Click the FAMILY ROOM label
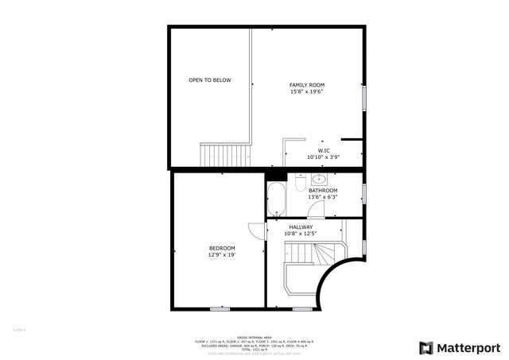pos(307,85)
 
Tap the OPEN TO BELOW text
pos(210,80)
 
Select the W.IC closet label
pos(324,150)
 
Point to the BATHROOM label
pos(323,191)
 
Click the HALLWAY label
pos(301,227)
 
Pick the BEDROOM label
pos(223,249)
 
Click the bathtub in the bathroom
pos(276,199)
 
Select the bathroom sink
pos(318,178)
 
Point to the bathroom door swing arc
pos(316,208)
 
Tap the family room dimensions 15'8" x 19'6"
pos(307,92)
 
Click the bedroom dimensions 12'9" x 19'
pos(223,256)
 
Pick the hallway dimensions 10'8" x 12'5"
pos(301,234)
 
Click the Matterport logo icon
pos(426,347)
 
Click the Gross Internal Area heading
pos(254,338)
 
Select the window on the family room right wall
pos(365,99)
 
